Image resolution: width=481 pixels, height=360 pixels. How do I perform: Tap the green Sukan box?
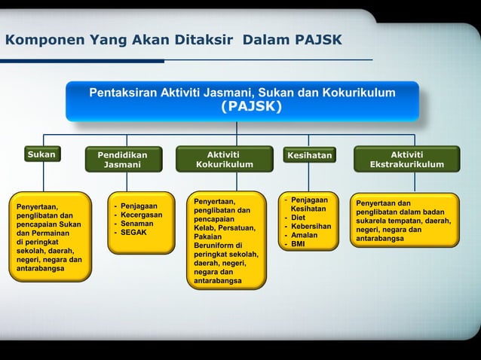click(x=42, y=155)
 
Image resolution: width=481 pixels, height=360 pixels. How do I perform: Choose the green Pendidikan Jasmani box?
click(x=122, y=160)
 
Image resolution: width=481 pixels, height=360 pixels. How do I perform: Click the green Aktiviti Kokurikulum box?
click(x=224, y=159)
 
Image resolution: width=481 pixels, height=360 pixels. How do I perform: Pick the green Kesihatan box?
click(x=309, y=156)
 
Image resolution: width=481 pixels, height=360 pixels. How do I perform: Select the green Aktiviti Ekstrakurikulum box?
click(x=406, y=159)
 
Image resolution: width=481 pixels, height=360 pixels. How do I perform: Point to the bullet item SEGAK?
click(x=133, y=233)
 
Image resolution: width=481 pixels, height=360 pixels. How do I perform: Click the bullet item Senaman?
click(x=136, y=224)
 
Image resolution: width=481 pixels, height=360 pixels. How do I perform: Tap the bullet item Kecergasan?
click(x=141, y=215)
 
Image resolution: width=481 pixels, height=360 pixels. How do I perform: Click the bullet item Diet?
click(x=299, y=218)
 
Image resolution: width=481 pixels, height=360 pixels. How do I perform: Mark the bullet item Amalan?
click(x=304, y=235)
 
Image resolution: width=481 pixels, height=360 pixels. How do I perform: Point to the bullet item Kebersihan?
click(x=311, y=227)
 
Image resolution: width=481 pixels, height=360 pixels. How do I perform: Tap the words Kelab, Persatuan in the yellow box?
click(x=224, y=227)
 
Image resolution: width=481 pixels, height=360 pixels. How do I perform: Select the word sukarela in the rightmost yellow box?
click(x=375, y=221)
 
